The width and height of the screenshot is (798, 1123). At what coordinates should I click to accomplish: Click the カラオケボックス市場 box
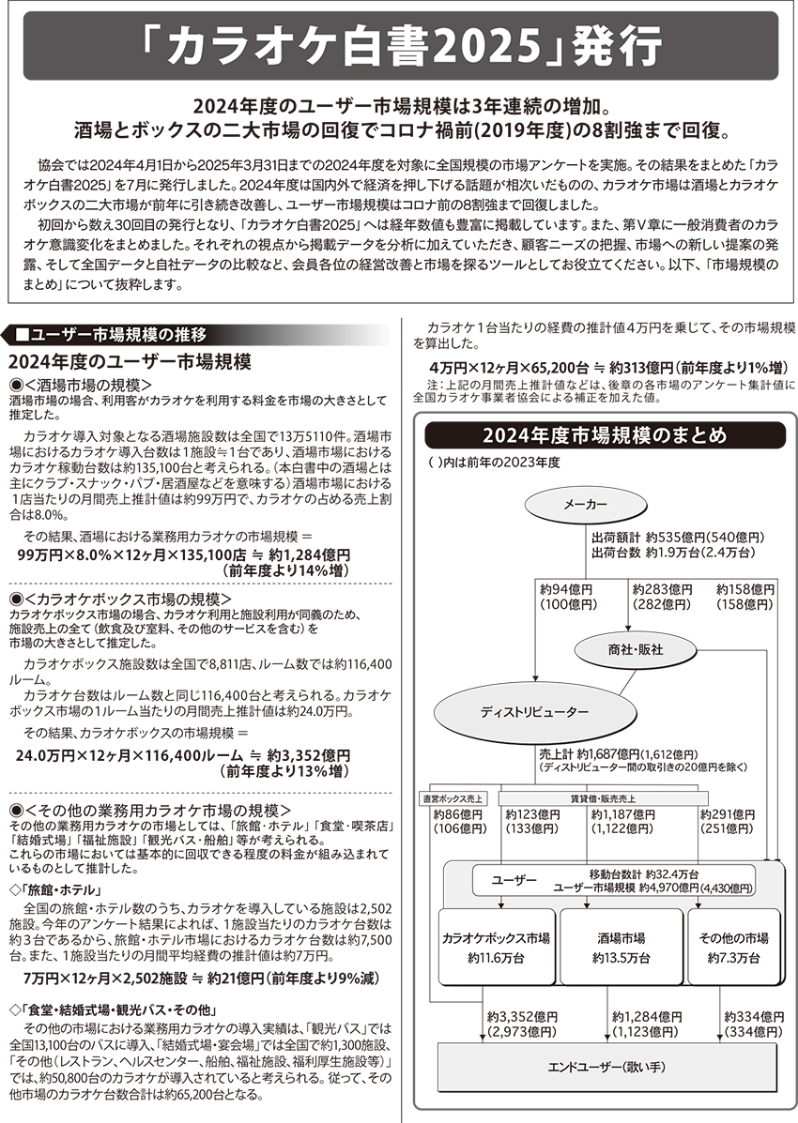(496, 948)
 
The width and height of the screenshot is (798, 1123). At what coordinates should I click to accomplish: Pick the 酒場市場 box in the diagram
(621, 948)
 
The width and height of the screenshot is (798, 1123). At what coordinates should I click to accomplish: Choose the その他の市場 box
(734, 948)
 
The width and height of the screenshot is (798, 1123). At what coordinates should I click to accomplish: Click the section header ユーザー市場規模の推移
(117, 335)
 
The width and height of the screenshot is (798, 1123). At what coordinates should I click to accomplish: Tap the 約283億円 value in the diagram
(662, 589)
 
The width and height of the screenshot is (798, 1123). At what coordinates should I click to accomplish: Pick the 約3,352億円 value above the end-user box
(522, 1016)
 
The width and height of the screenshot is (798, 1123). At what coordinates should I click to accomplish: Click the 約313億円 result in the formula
(638, 366)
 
